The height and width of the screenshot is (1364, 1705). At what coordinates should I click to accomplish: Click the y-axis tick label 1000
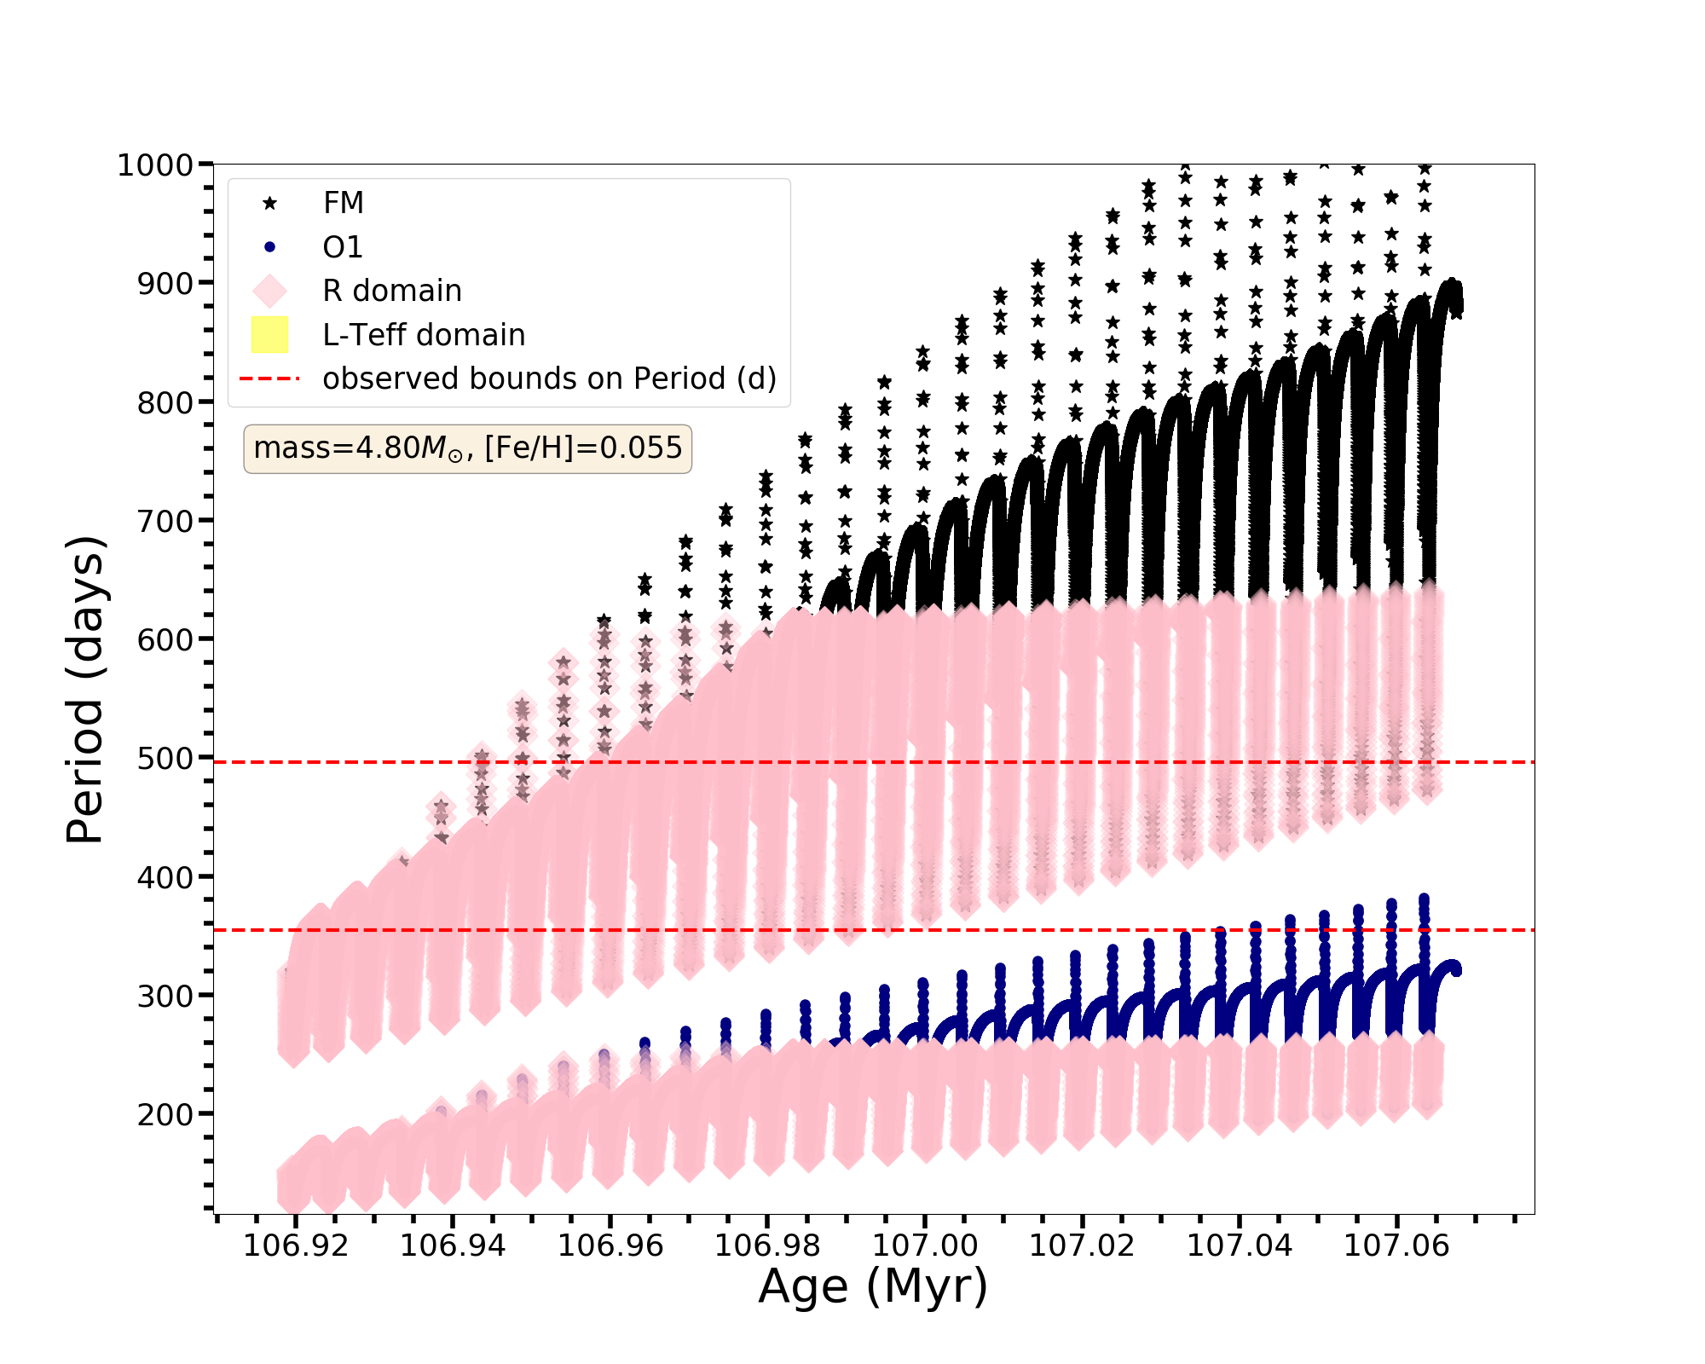[155, 165]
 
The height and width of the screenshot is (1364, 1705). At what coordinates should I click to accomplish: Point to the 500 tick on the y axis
[165, 758]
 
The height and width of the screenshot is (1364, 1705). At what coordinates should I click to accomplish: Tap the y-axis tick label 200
[165, 1114]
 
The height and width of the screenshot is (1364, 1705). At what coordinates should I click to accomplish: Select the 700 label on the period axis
[165, 521]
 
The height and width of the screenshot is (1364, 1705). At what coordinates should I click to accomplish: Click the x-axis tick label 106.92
[296, 1246]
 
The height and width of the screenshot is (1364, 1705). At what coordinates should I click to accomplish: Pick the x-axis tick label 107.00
[925, 1246]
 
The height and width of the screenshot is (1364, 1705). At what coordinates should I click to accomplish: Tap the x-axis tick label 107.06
[1396, 1246]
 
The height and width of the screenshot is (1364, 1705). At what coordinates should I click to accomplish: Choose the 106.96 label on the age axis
[610, 1246]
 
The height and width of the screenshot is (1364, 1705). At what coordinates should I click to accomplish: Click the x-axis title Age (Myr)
[873, 1286]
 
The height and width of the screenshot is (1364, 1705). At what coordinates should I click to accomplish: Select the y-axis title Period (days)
[85, 690]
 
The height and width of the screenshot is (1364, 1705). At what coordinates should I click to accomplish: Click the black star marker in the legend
[270, 203]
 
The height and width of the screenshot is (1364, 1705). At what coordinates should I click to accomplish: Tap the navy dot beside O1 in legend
[270, 247]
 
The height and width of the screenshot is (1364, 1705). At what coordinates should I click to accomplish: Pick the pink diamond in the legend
[270, 291]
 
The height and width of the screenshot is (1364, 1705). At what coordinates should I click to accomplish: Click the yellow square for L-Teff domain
[270, 335]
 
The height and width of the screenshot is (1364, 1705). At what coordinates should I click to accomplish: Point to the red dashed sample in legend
[270, 379]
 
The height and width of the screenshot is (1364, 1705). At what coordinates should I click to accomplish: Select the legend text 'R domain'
[392, 291]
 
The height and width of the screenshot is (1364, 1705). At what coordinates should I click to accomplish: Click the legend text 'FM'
[344, 203]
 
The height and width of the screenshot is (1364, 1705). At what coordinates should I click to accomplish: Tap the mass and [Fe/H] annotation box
[467, 448]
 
